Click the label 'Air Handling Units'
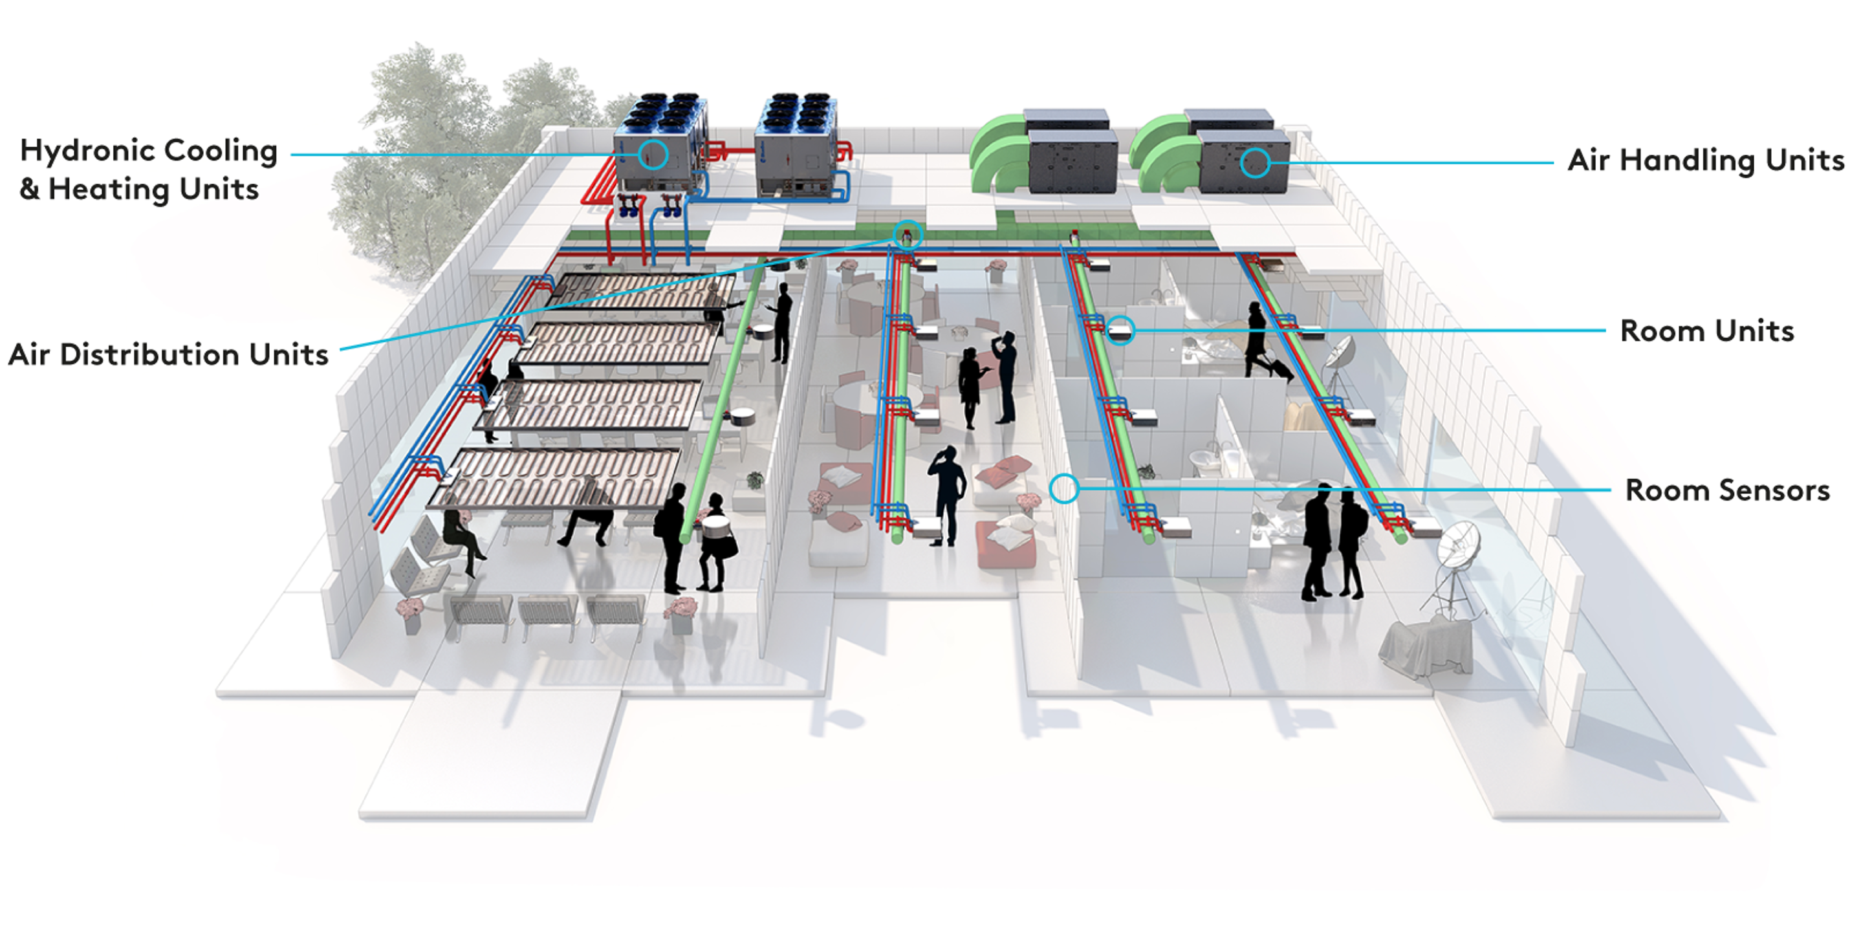[1706, 161]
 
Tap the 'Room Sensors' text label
[1727, 490]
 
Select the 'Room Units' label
[1707, 331]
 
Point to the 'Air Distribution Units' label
[168, 354]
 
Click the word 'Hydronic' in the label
[87, 151]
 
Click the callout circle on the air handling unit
[1255, 163]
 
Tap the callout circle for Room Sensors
[1063, 488]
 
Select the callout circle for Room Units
[1120, 331]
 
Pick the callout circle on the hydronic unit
[653, 155]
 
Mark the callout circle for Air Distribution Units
[908, 235]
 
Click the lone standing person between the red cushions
[948, 495]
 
